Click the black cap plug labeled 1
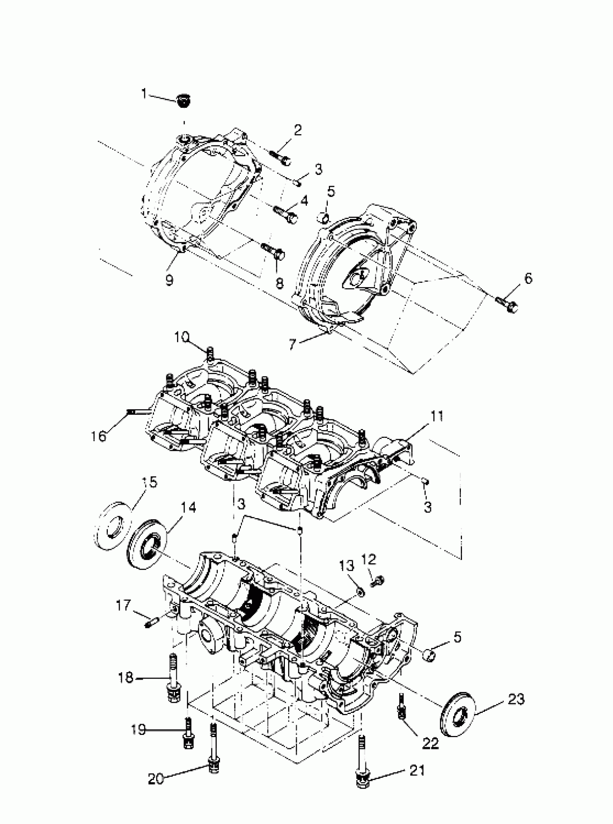coord(182,101)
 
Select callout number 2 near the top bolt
coord(298,130)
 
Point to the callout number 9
coord(169,281)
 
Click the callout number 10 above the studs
coord(182,337)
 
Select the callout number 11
coord(437,417)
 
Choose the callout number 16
coord(99,437)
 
